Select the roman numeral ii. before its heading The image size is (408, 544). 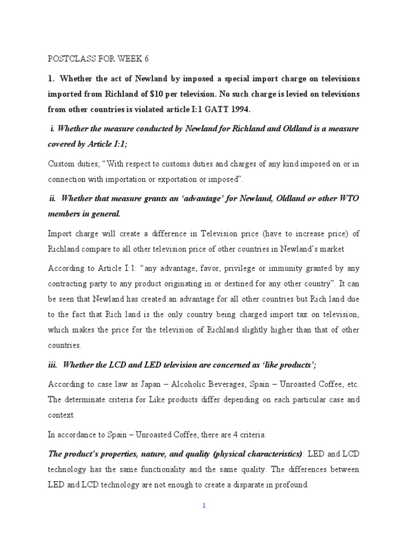pyautogui.click(x=53, y=198)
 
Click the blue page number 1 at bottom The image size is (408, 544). pyautogui.click(x=204, y=506)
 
